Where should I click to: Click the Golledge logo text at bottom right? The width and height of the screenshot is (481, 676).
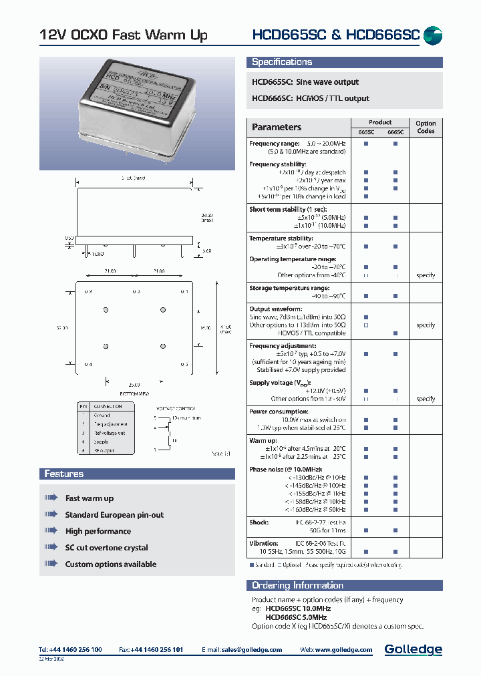(413, 649)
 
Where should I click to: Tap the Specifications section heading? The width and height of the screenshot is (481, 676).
(282, 62)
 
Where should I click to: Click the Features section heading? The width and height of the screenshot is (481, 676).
(64, 474)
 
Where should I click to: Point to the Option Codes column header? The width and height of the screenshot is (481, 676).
(426, 127)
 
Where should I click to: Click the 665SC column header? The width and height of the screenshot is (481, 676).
(366, 132)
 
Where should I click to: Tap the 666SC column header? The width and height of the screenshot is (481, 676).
(395, 132)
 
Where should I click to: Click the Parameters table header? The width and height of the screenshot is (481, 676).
(277, 127)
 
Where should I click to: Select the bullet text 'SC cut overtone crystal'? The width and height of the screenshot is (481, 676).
(106, 548)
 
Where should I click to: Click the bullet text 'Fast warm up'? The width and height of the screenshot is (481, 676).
(90, 498)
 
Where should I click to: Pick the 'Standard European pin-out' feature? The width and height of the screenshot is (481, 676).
(114, 515)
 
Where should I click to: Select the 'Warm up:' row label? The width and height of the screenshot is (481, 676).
(263, 441)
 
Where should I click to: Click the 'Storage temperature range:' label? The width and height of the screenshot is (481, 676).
(289, 288)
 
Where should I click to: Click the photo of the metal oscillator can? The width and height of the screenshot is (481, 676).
(138, 110)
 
